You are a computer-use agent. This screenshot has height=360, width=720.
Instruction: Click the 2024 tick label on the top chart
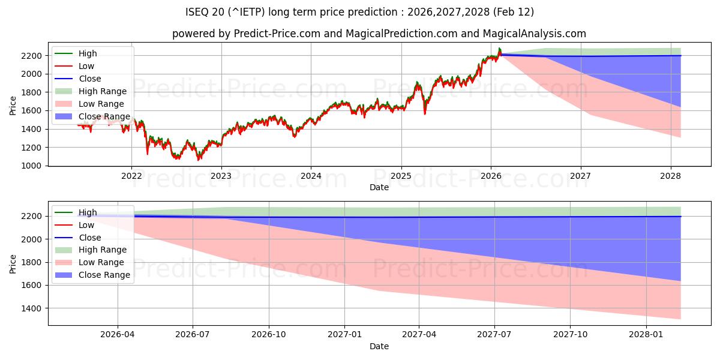point(311,176)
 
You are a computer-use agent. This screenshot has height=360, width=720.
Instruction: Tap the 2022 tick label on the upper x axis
point(131,176)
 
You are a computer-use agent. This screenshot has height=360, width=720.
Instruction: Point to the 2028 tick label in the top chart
point(670,176)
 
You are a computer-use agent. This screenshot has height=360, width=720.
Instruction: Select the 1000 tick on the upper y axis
point(33,166)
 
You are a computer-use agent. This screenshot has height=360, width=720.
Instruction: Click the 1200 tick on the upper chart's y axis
point(33,148)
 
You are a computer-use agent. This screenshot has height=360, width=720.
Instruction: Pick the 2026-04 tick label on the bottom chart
point(118,335)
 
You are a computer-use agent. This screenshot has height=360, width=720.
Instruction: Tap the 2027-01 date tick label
point(344,335)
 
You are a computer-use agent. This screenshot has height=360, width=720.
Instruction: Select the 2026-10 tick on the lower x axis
point(269,335)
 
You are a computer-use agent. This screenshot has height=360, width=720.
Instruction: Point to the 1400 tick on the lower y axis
point(33,308)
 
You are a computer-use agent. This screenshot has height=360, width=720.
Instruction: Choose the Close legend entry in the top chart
point(89,79)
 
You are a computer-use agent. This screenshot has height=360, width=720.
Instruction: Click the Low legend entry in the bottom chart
point(86,225)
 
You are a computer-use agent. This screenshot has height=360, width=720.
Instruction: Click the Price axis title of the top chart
point(13,106)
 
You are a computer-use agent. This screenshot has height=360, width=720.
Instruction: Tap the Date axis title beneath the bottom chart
point(379,346)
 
